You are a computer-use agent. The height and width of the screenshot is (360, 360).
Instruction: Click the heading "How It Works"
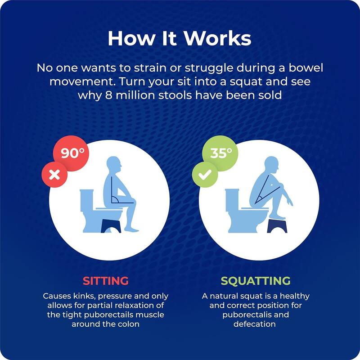179,38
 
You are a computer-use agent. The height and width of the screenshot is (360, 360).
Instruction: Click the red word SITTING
106,281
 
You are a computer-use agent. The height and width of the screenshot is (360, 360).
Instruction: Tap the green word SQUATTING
255,281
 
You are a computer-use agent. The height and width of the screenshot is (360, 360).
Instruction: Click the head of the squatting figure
272,165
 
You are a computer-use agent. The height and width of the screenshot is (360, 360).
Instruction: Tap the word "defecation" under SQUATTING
255,324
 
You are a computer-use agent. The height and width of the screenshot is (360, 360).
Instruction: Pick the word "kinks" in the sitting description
81,296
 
